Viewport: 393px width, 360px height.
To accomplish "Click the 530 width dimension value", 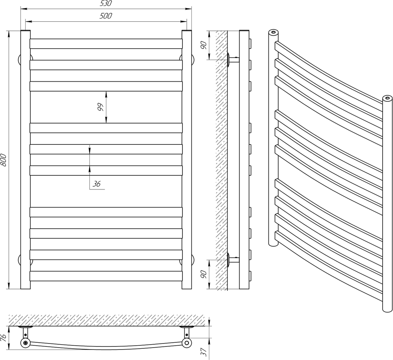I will (x=106, y=4).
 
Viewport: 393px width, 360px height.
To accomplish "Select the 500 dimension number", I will (x=106, y=16).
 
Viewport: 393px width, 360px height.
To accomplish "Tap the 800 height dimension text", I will (x=4, y=160).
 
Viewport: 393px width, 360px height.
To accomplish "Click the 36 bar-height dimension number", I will (x=96, y=184).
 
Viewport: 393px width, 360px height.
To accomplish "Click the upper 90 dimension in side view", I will (x=204, y=45).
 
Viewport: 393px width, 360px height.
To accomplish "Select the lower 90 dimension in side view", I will (x=204, y=275).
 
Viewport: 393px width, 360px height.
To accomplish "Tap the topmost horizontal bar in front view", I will (x=106, y=43).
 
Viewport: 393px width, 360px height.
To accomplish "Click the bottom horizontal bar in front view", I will (x=106, y=276).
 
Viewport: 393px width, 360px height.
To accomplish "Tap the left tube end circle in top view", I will (x=25, y=343).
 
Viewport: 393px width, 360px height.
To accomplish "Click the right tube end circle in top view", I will (x=186, y=343).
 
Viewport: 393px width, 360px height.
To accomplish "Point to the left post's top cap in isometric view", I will (x=273, y=31).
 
